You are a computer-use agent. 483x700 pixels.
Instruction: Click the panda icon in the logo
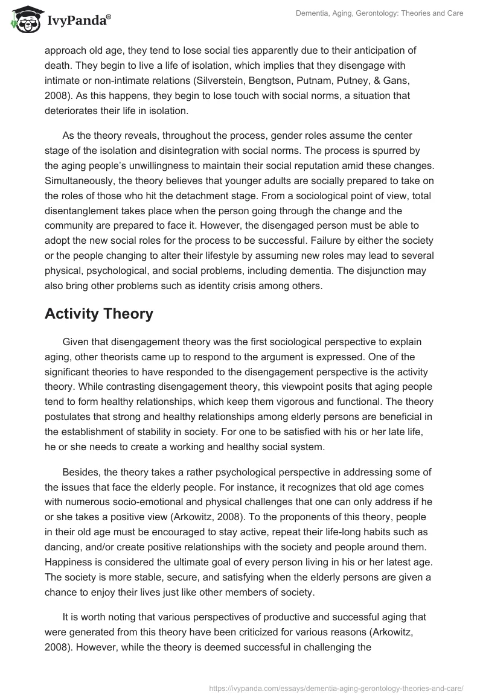(25, 21)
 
